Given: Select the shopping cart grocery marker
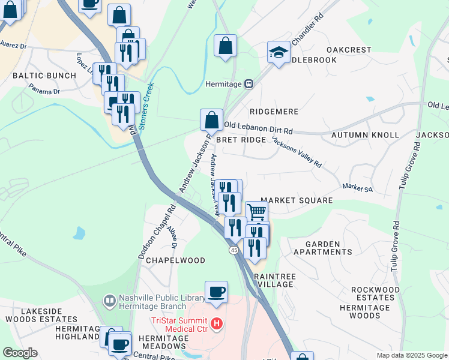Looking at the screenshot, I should [x=256, y=211].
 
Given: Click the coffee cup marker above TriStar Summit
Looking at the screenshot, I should [x=217, y=292].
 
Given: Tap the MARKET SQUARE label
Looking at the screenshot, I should [x=297, y=200].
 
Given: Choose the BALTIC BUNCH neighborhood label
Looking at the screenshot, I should [x=44, y=76].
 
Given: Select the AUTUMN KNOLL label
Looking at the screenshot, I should [x=365, y=135].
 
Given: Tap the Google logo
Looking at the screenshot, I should [x=20, y=353].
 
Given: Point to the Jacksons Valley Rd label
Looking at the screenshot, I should [x=297, y=152].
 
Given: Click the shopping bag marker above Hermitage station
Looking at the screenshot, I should [x=225, y=46].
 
